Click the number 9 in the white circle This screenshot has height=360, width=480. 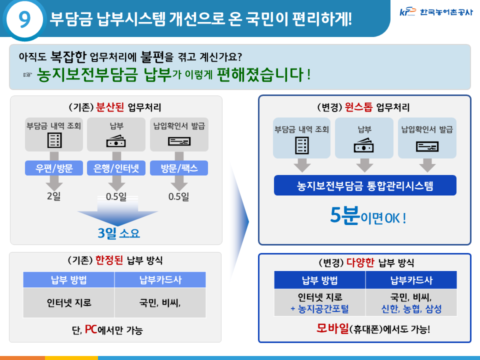coord(25,19)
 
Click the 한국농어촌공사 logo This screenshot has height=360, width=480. coord(436,12)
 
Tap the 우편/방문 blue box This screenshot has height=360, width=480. coord(54,168)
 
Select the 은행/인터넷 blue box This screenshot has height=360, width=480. coord(116,168)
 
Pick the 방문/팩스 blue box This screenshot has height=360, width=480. coord(179,168)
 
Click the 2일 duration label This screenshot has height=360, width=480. coord(54,196)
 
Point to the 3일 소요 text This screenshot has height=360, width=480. coord(119,233)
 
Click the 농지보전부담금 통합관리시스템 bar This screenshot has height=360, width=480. coord(365,185)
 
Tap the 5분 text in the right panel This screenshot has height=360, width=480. coord(344,215)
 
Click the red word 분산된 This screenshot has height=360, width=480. coord(110,107)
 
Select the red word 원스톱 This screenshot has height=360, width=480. coord(358,107)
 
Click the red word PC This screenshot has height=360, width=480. coord(91,329)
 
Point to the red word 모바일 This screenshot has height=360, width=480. coord(332,328)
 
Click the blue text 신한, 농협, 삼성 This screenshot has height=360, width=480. coord(411,309)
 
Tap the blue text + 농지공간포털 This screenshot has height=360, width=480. coord(319,309)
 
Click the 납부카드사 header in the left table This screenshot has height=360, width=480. coord(160,280)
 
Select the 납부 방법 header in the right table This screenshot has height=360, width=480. coord(319,280)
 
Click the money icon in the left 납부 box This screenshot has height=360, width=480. coord(116,141)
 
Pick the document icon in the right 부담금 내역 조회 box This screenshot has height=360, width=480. coord(302,145)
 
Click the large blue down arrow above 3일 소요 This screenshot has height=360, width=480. coord(117,211)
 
